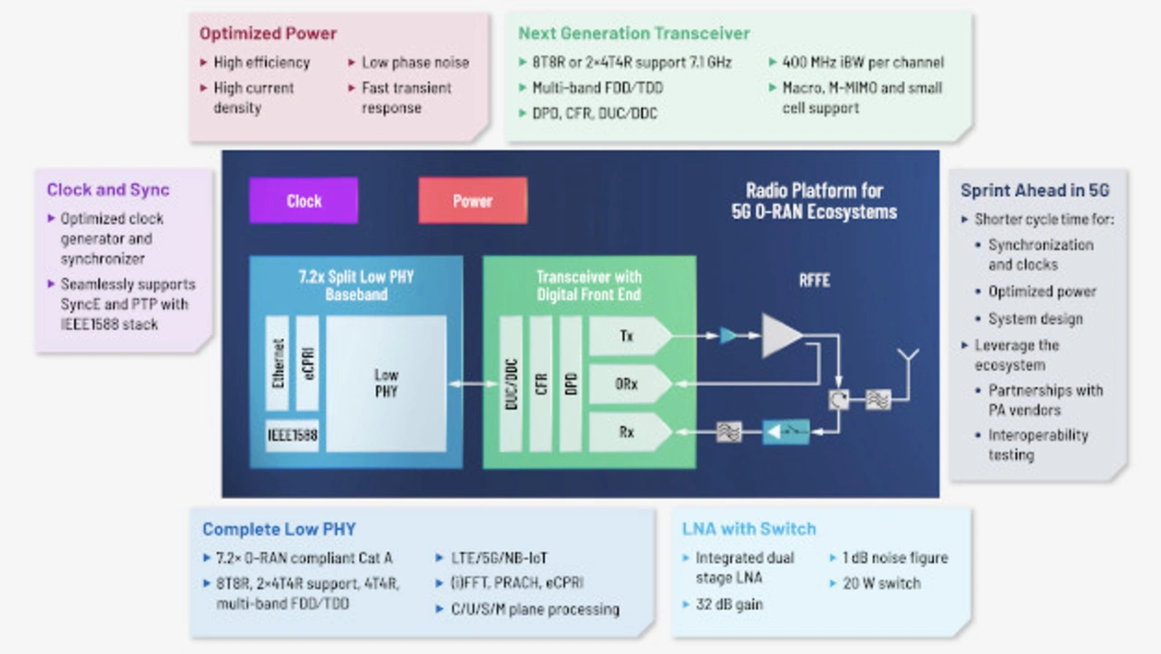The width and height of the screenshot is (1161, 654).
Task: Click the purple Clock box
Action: pos(303,200)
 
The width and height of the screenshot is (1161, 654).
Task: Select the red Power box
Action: pos(473,200)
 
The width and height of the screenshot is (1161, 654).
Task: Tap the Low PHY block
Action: pos(386,383)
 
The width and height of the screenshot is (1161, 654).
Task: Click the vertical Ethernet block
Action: pos(278,363)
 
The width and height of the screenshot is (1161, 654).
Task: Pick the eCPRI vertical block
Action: pos(307,363)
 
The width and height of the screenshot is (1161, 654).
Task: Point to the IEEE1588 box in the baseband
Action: pos(292,435)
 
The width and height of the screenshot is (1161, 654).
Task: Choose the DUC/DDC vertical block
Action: pos(511,383)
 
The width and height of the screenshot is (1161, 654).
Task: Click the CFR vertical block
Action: pos(541,383)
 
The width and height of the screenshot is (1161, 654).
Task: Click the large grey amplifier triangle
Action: pos(780,336)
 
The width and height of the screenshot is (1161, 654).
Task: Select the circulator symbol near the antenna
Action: pos(839,399)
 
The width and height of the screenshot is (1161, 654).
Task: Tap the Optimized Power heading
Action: pos(268,34)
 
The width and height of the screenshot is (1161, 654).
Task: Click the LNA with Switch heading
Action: pos(749,529)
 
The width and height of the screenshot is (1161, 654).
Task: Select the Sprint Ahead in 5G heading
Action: pos(1035,190)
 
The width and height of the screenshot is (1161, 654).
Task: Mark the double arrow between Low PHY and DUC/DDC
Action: pos(473,385)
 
